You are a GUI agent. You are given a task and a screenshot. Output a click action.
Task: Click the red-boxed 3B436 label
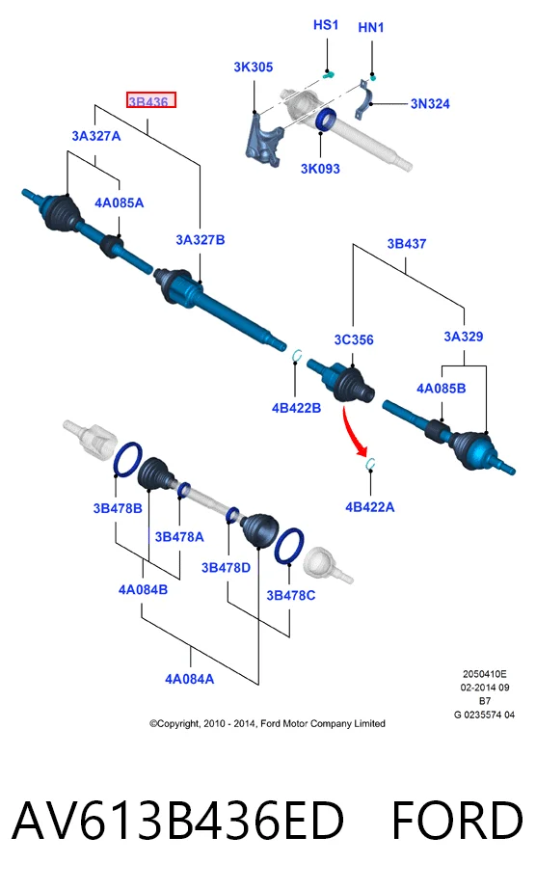tap(150, 100)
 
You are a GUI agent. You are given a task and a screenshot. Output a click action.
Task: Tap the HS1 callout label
tap(326, 25)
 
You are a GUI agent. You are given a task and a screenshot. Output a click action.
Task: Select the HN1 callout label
tap(371, 27)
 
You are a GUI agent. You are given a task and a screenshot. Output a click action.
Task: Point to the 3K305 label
tap(254, 67)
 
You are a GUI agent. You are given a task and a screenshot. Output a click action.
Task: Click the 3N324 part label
tap(430, 104)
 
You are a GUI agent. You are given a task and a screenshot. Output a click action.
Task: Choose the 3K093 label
tap(320, 169)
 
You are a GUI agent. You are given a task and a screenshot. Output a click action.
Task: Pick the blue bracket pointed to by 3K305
tap(264, 141)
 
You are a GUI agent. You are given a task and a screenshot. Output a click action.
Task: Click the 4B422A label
tap(370, 507)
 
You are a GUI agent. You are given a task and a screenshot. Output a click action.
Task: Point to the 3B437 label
tap(407, 244)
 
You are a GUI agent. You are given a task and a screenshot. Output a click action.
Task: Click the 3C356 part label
tap(354, 339)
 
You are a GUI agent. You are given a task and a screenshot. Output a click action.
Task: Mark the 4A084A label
tap(190, 679)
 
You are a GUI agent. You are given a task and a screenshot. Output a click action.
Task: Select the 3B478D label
tap(226, 568)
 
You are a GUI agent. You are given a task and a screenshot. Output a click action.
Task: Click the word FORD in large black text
tap(457, 820)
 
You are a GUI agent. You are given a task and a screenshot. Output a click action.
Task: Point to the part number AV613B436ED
tap(177, 820)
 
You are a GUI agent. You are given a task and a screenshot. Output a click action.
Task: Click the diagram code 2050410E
tap(484, 674)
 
